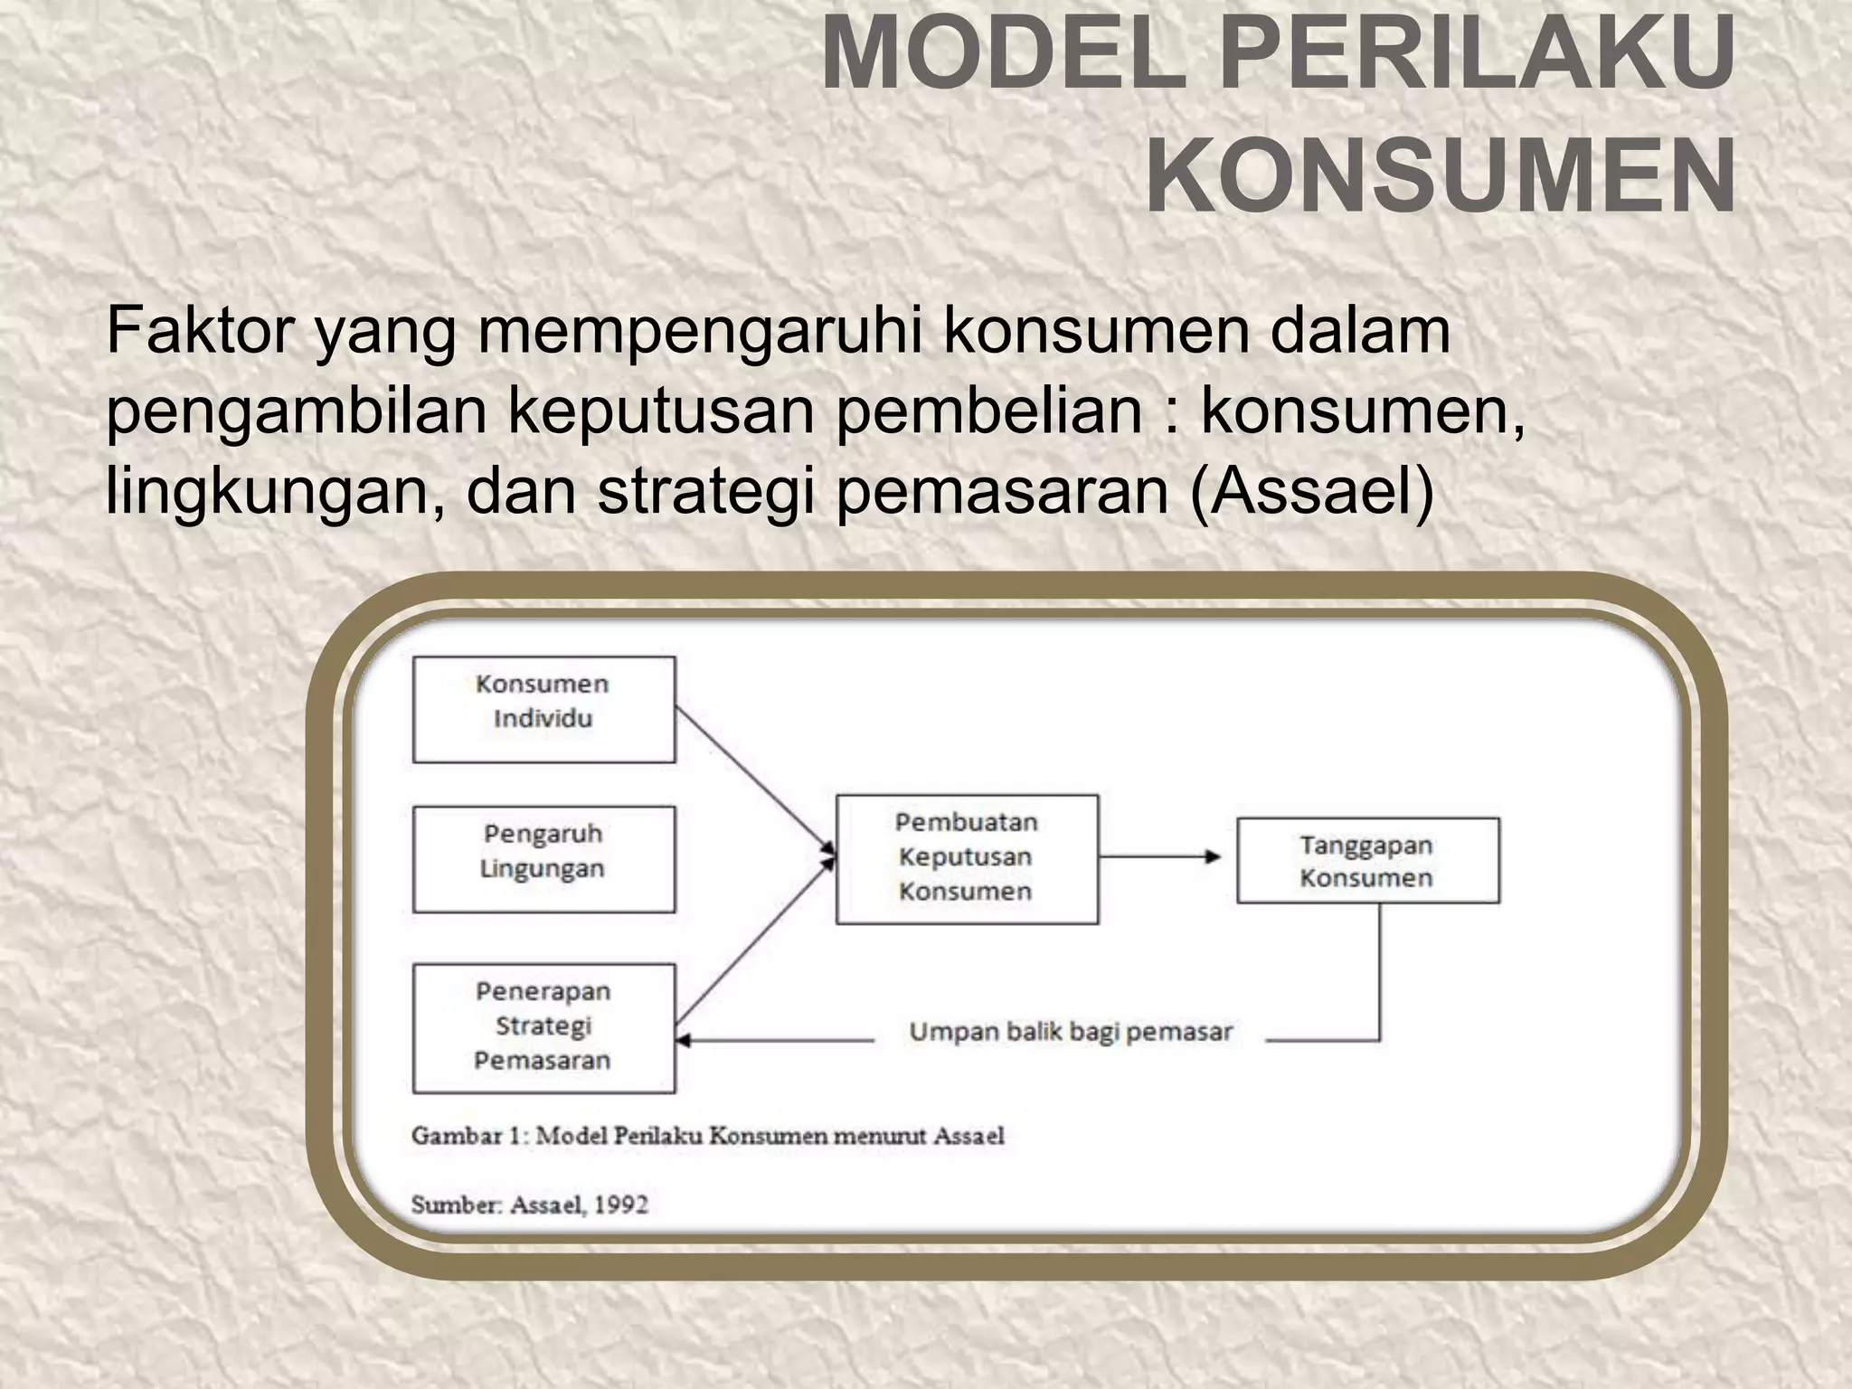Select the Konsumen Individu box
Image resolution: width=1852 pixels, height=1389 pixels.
(x=543, y=709)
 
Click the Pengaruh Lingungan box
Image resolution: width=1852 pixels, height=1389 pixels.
(x=543, y=858)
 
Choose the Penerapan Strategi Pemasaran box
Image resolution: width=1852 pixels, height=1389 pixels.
(x=543, y=1027)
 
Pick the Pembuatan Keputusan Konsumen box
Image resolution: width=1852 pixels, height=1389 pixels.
(x=966, y=858)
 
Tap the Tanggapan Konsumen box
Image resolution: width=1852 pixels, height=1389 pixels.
(x=1367, y=860)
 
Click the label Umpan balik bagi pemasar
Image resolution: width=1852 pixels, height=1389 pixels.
(x=1071, y=1032)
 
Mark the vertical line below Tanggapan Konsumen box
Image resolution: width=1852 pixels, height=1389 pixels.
(x=1380, y=972)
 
